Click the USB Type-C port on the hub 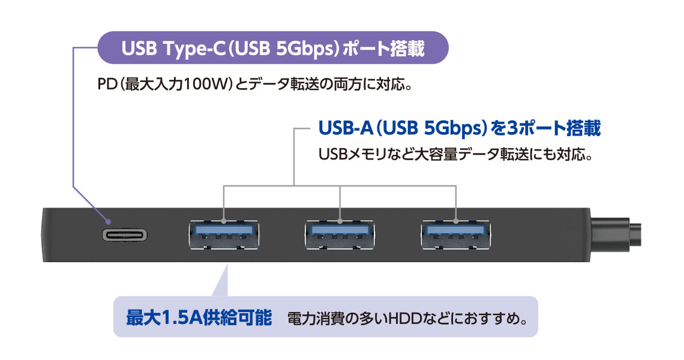point(125,235)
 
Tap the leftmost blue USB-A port point(223,234)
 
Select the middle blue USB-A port point(340,234)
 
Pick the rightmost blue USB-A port point(456,234)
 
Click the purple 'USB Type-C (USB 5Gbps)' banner point(273,48)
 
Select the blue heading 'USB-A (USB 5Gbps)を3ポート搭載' point(460,128)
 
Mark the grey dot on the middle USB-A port point(340,221)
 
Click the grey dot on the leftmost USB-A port point(223,221)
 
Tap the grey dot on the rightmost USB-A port point(456,221)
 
